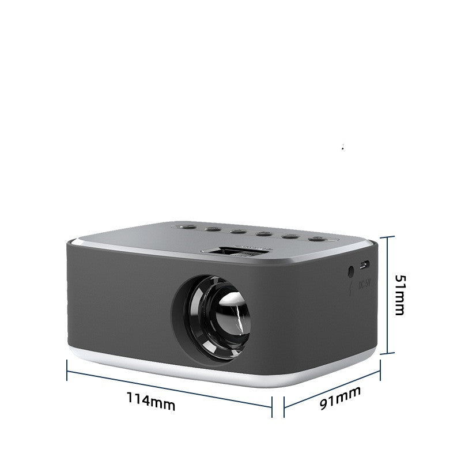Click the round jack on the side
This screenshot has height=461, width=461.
[350, 270]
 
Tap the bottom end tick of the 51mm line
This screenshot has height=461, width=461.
[388, 353]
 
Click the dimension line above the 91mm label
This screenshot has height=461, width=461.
[332, 387]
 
